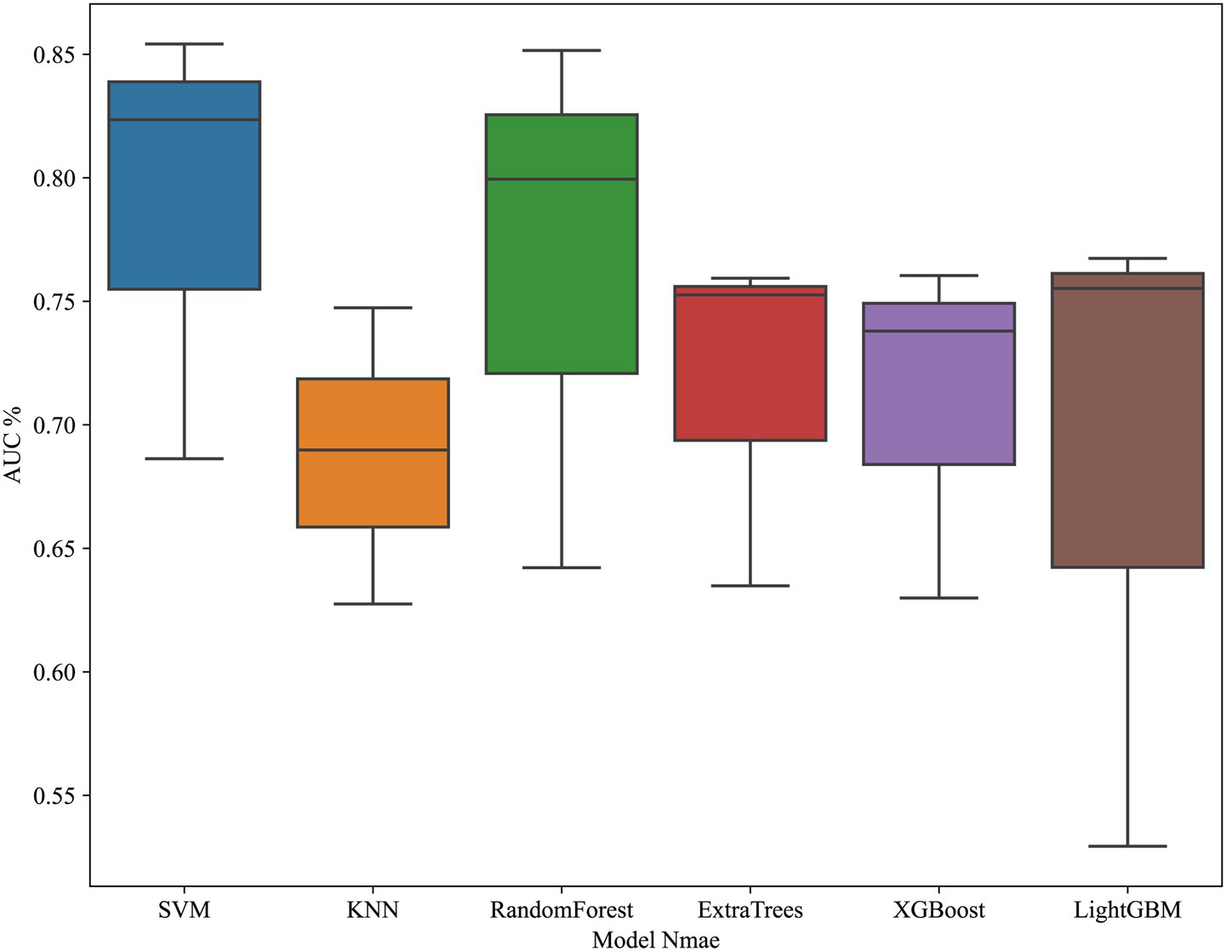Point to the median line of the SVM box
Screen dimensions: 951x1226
184,120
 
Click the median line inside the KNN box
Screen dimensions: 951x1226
373,450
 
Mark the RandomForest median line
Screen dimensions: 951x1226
562,179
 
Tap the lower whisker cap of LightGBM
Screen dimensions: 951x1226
1127,846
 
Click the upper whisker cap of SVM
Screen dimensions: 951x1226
184,44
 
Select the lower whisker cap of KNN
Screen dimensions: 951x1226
373,604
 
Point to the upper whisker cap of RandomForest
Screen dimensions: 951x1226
562,51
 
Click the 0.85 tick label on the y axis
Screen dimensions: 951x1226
54,55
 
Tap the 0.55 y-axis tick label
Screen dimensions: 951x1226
54,796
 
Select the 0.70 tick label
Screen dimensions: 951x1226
54,425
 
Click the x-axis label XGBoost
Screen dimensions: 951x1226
938,911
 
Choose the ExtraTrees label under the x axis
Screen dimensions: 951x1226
750,911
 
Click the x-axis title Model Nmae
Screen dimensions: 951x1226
655,940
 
